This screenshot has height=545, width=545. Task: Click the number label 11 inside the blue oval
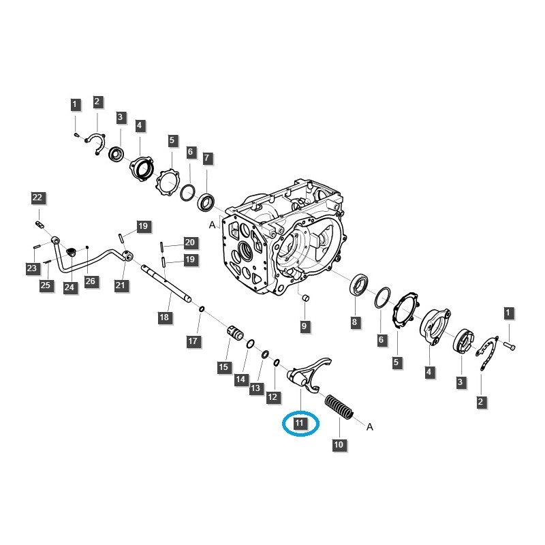300,423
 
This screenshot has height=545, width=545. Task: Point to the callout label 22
37,198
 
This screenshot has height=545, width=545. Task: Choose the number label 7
208,158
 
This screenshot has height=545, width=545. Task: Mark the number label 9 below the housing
305,327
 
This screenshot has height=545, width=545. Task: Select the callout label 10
339,445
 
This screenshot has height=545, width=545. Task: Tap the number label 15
223,367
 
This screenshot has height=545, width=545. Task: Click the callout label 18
163,317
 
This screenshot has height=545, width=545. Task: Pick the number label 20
189,243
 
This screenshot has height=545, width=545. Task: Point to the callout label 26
91,281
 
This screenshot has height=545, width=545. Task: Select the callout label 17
193,340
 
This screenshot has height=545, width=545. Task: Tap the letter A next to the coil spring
370,427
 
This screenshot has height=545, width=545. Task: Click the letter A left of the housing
213,224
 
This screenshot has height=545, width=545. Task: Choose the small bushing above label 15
235,334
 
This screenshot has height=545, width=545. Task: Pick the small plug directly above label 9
305,297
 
